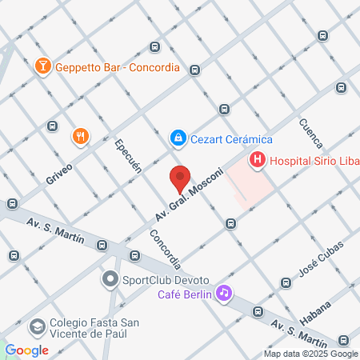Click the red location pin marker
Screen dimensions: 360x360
tap(180, 178)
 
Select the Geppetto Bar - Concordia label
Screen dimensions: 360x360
tap(117, 67)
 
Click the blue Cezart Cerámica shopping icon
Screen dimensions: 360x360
tap(178, 138)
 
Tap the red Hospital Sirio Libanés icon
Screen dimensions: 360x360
tap(257, 160)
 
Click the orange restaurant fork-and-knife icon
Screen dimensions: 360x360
tap(79, 137)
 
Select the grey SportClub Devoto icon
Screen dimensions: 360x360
tap(110, 280)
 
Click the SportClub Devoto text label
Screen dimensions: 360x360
tap(165, 281)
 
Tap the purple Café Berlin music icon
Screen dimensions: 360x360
tap(225, 294)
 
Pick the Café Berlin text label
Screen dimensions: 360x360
tap(184, 294)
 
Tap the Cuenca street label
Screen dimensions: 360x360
tap(310, 133)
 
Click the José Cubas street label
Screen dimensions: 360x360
tap(320, 256)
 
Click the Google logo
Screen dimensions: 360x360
tap(26, 350)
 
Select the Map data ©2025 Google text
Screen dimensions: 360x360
tap(311, 354)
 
